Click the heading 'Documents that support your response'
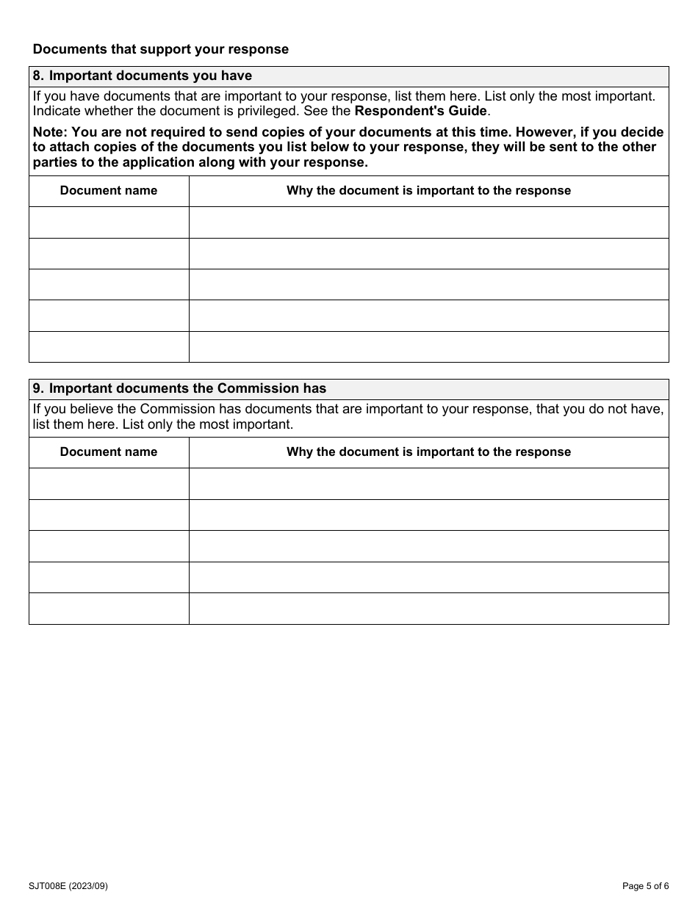tap(161, 49)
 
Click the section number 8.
tap(37, 76)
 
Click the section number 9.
tap(37, 388)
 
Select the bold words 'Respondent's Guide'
tap(421, 111)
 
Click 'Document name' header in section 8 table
tap(109, 191)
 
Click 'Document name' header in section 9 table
tap(109, 452)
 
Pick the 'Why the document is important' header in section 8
tap(428, 191)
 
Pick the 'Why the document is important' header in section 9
tap(428, 452)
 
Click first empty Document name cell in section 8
tap(109, 222)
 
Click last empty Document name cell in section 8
tap(109, 347)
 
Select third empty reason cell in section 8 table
tap(428, 284)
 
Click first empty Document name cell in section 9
tap(109, 484)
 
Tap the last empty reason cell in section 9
tap(428, 609)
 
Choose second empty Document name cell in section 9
tap(109, 515)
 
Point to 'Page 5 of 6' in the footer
tap(645, 886)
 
